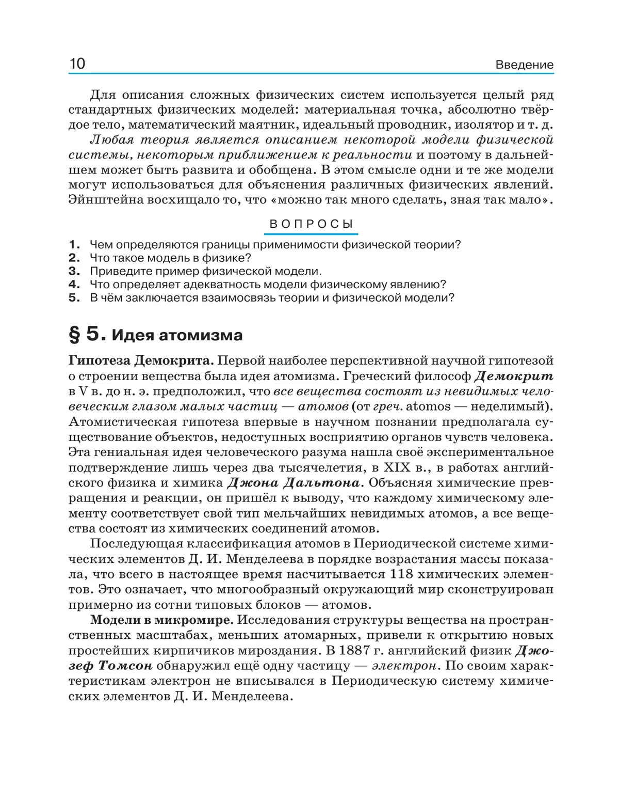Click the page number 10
(77, 64)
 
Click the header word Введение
(524, 65)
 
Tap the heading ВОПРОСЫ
(311, 224)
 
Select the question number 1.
(74, 245)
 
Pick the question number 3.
(74, 271)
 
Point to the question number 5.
(74, 297)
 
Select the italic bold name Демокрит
(513, 376)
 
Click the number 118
(401, 574)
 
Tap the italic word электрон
(404, 666)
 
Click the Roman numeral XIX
(396, 467)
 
